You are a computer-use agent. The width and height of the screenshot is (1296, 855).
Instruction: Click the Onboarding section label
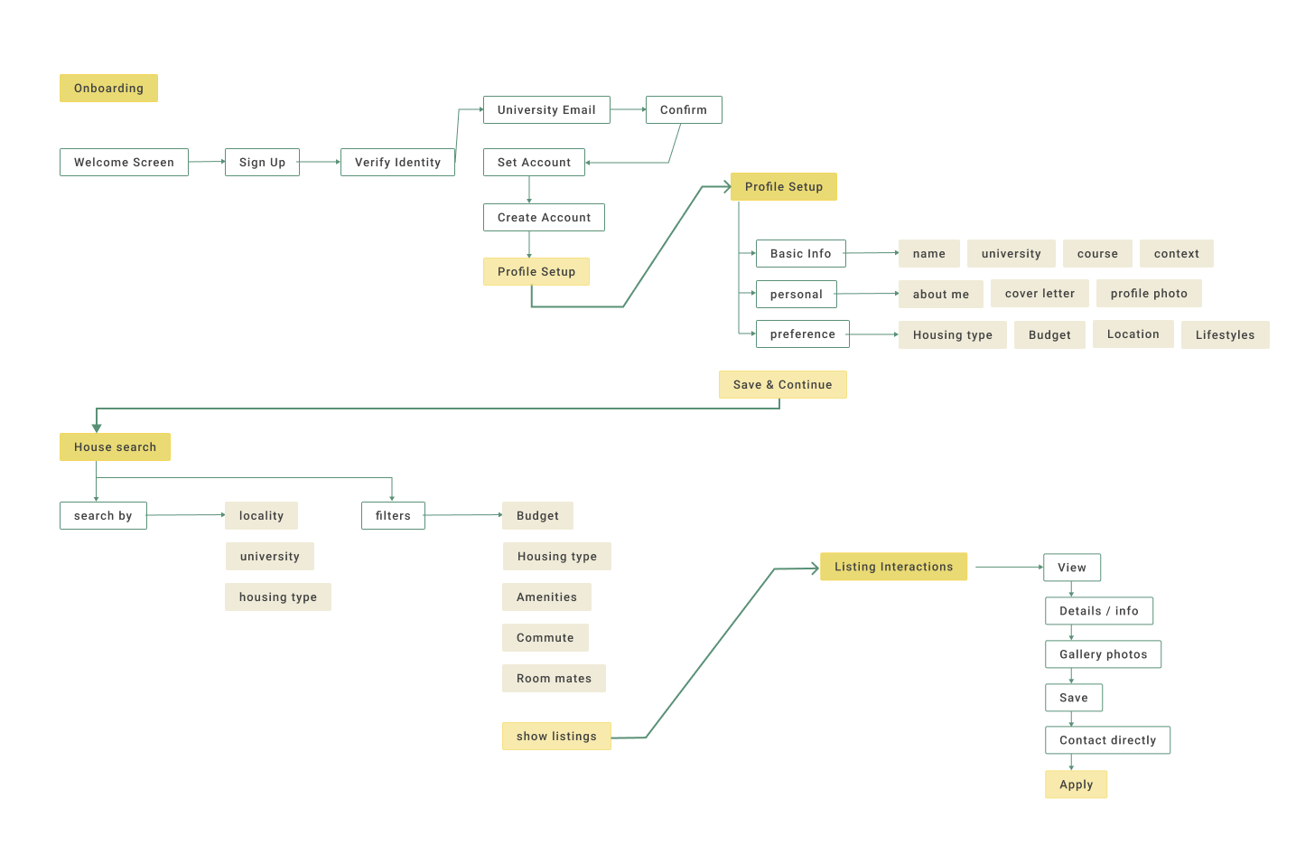[x=108, y=88]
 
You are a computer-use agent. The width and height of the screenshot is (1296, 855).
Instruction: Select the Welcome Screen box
[x=124, y=162]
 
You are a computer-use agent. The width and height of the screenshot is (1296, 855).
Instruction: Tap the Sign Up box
[x=262, y=162]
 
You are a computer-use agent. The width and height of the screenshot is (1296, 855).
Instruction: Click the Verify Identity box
[x=397, y=162]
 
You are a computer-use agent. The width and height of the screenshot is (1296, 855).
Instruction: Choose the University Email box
[x=546, y=109]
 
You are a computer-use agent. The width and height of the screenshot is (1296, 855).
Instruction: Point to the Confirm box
[x=684, y=109]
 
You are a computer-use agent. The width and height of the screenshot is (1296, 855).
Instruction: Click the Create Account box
[x=544, y=217]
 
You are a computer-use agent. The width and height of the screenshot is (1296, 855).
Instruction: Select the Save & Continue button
[x=783, y=384]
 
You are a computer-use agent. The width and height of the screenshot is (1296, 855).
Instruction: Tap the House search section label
[x=115, y=446]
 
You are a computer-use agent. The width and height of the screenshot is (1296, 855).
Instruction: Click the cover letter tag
[x=1040, y=294]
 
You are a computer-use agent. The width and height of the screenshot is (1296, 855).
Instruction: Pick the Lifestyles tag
[x=1226, y=334]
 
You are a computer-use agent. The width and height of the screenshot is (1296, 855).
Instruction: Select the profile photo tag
[x=1149, y=294]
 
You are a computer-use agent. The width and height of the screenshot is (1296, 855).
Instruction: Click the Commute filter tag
[x=545, y=637]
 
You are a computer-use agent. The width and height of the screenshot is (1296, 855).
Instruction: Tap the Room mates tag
[x=554, y=678]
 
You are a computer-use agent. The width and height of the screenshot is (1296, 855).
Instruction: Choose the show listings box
[x=556, y=736]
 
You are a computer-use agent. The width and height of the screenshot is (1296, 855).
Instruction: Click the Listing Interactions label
[x=894, y=566]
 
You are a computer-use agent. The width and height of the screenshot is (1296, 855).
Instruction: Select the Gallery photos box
[x=1104, y=654]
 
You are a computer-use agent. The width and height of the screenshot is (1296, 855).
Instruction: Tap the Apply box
[x=1077, y=785]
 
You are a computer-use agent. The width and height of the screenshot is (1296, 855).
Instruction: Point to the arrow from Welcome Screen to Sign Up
[x=207, y=162]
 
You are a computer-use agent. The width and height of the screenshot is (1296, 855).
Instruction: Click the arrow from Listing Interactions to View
[x=1010, y=567]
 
